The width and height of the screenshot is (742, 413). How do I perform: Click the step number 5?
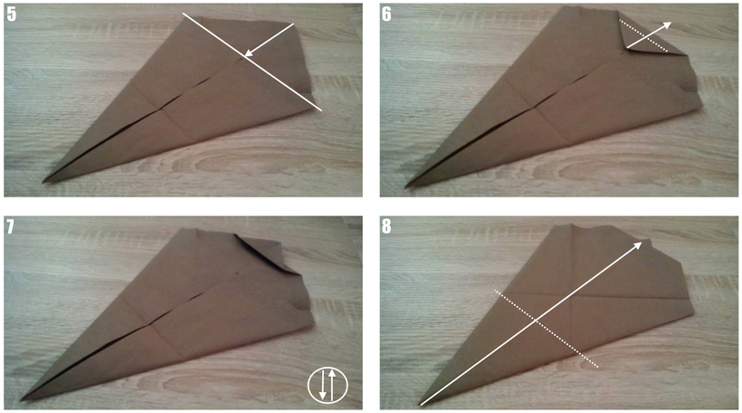[x=12, y=14]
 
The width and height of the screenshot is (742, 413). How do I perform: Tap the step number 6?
[x=386, y=14]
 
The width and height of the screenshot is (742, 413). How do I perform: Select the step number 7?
[x=11, y=226]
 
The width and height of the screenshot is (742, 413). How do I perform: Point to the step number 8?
[x=386, y=226]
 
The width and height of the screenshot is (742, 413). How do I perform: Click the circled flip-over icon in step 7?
[x=328, y=385]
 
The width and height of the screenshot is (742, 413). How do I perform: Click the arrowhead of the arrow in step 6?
[x=667, y=25]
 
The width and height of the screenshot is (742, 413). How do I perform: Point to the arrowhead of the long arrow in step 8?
[x=637, y=245]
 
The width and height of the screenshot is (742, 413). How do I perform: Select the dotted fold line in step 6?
[x=643, y=35]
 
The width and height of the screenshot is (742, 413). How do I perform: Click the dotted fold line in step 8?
[x=546, y=329]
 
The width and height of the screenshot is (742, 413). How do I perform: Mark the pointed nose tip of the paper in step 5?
[x=43, y=181]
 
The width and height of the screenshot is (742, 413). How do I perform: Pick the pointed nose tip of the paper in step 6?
[x=406, y=186]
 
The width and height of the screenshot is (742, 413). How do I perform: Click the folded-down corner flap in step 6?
[x=647, y=38]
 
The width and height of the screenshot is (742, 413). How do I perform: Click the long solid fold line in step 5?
[x=252, y=62]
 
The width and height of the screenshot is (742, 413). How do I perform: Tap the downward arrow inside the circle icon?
[x=322, y=385]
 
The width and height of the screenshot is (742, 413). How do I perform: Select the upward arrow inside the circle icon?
[x=333, y=385]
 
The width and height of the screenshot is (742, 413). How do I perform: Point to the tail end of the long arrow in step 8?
[x=421, y=405]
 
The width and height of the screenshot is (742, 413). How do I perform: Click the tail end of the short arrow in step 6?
[x=627, y=48]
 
